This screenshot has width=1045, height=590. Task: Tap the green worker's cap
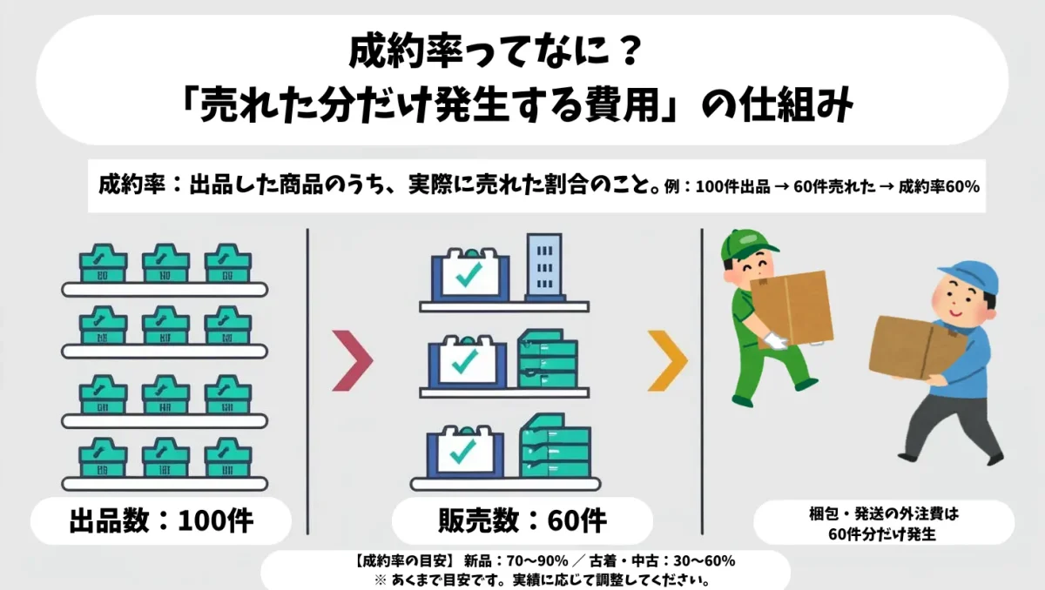746,245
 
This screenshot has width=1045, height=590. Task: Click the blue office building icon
544,267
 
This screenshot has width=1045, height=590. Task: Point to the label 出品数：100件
161,520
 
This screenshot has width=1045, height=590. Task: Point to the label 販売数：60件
522,520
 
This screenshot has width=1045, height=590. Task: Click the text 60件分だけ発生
882,534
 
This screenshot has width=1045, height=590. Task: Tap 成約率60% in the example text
939,187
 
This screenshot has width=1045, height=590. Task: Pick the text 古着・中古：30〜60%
663,561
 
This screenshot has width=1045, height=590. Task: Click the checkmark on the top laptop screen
469,274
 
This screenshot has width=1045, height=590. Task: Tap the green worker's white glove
776,340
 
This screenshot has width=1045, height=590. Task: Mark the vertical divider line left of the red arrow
307,382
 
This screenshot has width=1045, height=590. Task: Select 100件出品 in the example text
732,187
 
